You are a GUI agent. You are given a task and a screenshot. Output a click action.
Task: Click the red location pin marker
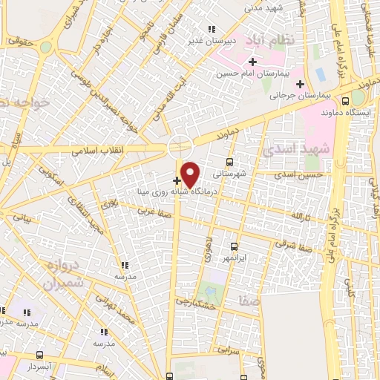[x=191, y=174]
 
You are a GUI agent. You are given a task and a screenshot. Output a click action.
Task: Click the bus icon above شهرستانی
[x=229, y=161]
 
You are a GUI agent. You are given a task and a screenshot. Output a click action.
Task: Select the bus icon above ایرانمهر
[x=234, y=246]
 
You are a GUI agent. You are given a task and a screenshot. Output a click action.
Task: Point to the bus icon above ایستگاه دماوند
[x=345, y=100]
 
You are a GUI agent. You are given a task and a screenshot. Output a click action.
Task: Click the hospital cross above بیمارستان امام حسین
[x=252, y=62]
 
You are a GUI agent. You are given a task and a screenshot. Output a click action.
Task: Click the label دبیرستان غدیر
[x=205, y=41]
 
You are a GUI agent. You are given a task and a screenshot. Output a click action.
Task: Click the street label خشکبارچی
[x=194, y=302]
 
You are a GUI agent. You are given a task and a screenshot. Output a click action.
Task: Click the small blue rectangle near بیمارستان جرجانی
[x=321, y=76]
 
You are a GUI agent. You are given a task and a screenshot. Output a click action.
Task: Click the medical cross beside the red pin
[x=176, y=180]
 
